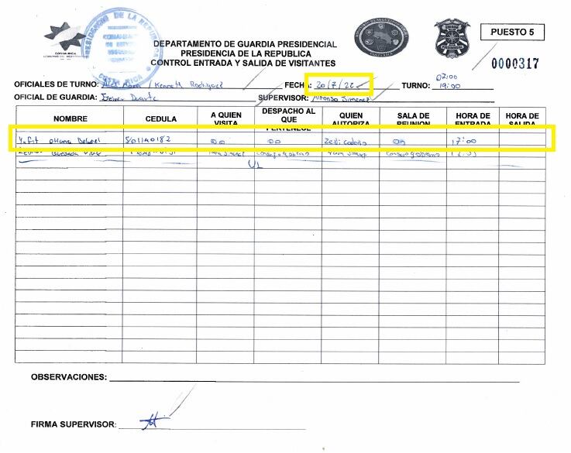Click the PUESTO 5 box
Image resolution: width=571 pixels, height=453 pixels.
[x=512, y=33]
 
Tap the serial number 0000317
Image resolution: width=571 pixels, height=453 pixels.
[x=515, y=63]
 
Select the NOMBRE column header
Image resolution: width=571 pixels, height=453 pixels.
[x=71, y=118]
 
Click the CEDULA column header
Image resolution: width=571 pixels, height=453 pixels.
[x=160, y=118]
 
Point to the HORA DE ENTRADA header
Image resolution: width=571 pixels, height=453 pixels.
[x=473, y=119]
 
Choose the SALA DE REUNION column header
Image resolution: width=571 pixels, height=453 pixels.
[x=412, y=119]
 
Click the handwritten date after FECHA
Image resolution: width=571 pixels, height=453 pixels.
[x=339, y=84]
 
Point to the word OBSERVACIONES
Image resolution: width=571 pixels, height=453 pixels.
[x=68, y=377]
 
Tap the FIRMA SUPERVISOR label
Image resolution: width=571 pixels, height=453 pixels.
[x=73, y=425]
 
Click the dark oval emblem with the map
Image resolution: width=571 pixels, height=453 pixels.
[x=382, y=36]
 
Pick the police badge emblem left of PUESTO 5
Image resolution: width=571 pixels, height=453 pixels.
[x=452, y=37]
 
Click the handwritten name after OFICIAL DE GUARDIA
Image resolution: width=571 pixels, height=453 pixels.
[x=129, y=98]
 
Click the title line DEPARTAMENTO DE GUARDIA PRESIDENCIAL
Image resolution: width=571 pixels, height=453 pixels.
[x=245, y=44]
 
